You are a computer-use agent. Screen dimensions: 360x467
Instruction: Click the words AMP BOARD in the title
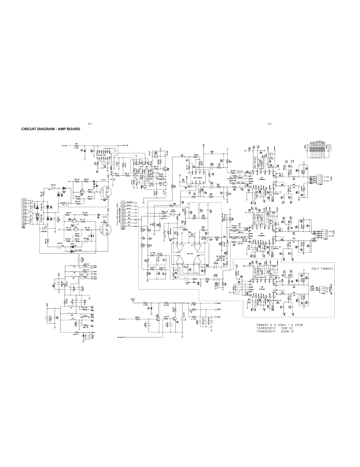point(69,129)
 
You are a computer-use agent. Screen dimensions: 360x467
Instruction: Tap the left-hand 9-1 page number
point(90,124)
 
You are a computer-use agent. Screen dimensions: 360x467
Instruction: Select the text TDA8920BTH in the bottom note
point(266,331)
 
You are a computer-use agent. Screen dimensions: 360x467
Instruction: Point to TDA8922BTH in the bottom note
point(266,328)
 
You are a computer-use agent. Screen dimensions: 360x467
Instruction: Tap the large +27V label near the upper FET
point(103,180)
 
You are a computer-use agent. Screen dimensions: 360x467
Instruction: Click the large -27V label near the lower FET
point(103,217)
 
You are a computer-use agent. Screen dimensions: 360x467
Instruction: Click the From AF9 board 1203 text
point(118,214)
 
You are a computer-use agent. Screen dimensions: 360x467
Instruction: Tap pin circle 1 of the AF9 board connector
point(123,203)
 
